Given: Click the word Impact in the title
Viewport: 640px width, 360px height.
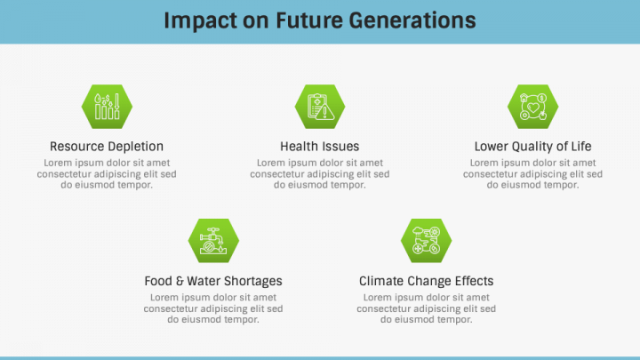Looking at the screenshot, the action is tap(200, 21).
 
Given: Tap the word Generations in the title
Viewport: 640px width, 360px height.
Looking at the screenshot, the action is tap(412, 20).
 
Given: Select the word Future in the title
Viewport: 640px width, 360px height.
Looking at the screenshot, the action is tap(309, 20).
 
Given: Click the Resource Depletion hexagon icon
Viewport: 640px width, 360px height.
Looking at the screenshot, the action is tap(107, 107).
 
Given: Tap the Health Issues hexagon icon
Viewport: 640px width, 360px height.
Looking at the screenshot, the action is tap(320, 107).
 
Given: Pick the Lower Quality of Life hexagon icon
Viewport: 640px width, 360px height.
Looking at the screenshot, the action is tap(533, 107).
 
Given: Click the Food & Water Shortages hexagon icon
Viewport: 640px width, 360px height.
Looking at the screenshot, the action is tap(213, 240).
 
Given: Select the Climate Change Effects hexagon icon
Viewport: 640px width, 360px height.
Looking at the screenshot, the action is tap(427, 240).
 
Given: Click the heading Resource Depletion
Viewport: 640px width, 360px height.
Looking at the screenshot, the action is tap(107, 147).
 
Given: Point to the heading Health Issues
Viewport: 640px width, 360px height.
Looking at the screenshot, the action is tap(320, 146).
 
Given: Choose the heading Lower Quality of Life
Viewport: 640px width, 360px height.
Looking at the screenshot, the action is tap(532, 147).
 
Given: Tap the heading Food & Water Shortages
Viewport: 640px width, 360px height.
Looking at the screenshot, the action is tap(213, 281).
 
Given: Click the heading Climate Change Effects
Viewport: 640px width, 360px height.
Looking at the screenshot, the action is tap(426, 281).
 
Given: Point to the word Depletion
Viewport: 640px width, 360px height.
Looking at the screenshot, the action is tap(135, 147).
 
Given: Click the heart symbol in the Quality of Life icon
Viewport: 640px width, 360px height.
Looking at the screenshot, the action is tap(533, 108).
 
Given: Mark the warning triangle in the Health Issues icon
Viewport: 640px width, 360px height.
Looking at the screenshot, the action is tap(325, 111).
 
